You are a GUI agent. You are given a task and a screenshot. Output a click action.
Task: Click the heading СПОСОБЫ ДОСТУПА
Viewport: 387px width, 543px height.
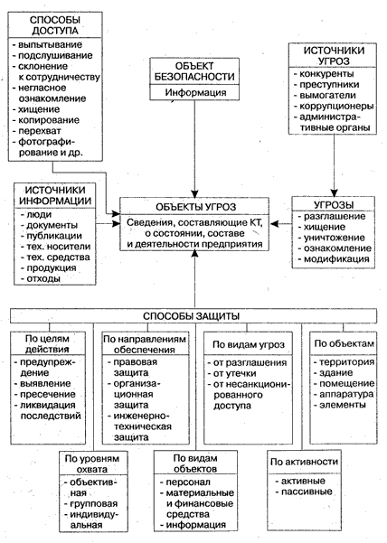click(x=55, y=25)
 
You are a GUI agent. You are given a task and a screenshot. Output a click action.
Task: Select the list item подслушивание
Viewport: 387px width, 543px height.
click(x=55, y=55)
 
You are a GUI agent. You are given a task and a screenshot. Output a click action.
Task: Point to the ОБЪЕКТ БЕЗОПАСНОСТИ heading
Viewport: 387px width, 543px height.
click(x=194, y=71)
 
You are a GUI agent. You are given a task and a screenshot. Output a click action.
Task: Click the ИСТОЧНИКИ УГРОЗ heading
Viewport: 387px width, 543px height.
click(x=334, y=56)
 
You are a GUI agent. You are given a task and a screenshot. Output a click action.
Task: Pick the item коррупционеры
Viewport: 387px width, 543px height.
click(x=336, y=106)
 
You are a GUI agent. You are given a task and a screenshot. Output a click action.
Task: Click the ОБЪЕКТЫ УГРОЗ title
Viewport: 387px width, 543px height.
click(x=195, y=207)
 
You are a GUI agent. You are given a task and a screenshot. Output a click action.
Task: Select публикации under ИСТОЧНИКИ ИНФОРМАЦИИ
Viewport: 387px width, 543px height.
click(x=54, y=236)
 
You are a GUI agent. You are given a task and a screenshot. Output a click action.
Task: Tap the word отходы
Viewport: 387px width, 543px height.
click(x=43, y=278)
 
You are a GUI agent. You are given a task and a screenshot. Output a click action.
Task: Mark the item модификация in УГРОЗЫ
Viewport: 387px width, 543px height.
click(x=336, y=259)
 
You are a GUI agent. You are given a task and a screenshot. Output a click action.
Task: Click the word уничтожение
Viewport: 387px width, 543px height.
click(x=334, y=238)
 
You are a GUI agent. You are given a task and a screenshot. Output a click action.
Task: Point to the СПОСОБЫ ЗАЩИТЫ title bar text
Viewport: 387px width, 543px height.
click(x=192, y=316)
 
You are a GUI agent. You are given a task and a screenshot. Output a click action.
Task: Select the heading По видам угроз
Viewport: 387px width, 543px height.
click(x=249, y=344)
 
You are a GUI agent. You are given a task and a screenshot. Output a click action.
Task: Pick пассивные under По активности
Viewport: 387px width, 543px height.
click(x=307, y=492)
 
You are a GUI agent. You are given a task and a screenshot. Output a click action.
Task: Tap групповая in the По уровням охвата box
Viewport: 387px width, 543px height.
click(x=94, y=503)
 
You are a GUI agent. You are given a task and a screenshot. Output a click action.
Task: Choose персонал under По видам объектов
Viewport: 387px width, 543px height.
click(x=188, y=482)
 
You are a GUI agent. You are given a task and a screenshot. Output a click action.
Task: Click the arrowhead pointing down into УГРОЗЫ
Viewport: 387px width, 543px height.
click(x=334, y=192)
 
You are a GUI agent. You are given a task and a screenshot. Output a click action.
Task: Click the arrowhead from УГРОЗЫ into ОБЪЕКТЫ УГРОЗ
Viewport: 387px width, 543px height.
click(x=275, y=224)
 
